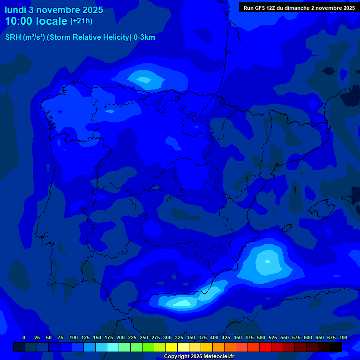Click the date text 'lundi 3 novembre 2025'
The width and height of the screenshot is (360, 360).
tap(54, 10)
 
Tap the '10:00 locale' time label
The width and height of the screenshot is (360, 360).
tap(36, 22)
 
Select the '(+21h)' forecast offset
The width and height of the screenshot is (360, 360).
tap(81, 21)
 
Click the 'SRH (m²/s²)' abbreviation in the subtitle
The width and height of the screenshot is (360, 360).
tap(25, 37)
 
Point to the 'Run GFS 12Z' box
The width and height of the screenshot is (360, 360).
tap(299, 7)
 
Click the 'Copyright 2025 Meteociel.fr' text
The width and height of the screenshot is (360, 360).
tap(199, 356)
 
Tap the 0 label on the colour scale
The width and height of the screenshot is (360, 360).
tap(24, 337)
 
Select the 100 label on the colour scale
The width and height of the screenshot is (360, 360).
tap(74, 337)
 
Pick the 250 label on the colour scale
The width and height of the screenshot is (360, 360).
tap(144, 337)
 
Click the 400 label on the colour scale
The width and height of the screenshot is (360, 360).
tap(214, 337)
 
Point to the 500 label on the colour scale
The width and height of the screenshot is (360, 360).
tap(261, 337)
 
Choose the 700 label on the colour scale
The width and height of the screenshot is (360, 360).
tap(343, 337)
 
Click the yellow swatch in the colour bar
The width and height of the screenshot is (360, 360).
tap(172, 347)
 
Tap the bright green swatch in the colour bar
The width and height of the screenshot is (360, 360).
tap(148, 347)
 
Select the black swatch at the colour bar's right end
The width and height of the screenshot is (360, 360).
tap(336, 347)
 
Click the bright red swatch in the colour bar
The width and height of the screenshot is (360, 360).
tap(265, 347)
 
